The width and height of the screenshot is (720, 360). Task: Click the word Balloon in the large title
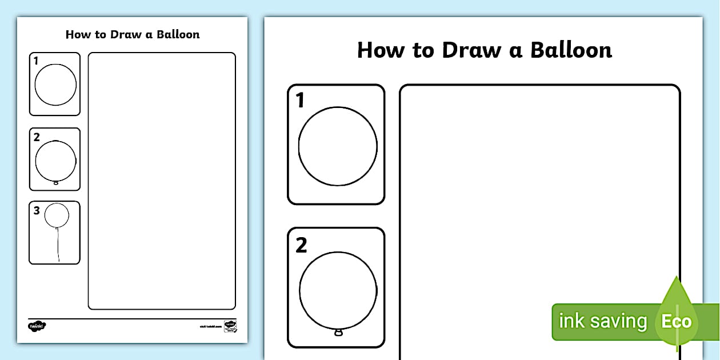click(571, 50)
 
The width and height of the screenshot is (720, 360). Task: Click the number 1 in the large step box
click(301, 101)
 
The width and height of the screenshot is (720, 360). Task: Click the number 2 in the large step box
click(301, 246)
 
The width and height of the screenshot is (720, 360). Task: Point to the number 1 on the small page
click(36, 61)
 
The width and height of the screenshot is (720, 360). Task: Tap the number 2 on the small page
click(37, 137)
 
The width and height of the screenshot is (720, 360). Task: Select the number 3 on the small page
click(37, 210)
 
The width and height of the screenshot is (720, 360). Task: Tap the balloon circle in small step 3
click(57, 215)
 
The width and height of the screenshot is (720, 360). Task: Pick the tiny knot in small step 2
click(55, 183)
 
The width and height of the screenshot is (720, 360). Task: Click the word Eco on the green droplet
click(677, 321)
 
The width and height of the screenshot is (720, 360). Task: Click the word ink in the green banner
click(571, 321)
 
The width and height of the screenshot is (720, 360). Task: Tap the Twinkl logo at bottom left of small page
click(37, 326)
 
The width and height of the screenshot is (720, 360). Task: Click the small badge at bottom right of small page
click(230, 326)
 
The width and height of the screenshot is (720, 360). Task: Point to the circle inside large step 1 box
click(338, 146)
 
